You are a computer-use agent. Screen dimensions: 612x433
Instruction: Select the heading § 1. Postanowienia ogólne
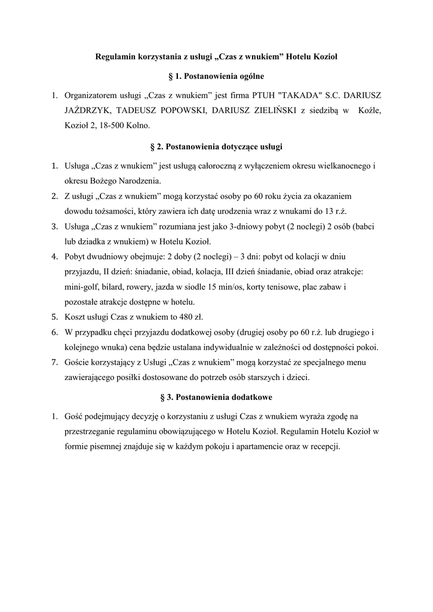tap(216, 76)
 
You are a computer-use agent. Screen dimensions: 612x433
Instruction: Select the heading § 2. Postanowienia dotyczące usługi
tap(216, 146)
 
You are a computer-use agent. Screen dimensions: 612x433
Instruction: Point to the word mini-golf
tap(82, 287)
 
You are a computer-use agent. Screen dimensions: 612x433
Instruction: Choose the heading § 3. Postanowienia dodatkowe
tap(216, 397)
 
